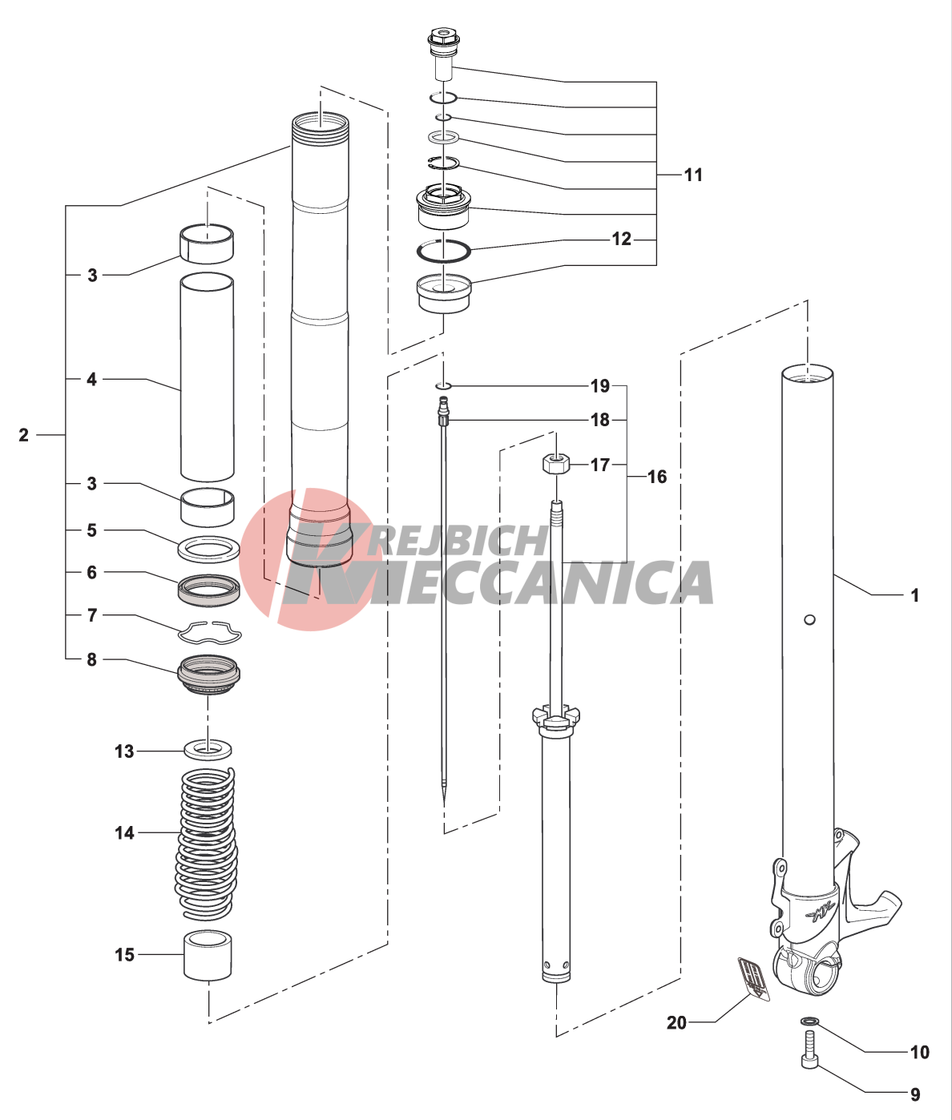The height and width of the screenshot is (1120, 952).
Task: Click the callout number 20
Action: (676, 1023)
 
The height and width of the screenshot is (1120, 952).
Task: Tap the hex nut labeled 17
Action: (555, 465)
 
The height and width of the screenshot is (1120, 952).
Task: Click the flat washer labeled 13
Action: (208, 751)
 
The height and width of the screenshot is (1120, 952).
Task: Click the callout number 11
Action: (693, 175)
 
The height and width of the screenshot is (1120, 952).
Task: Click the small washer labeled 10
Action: (810, 1021)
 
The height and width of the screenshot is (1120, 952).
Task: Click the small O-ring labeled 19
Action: (443, 386)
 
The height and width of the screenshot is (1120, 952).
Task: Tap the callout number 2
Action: (23, 434)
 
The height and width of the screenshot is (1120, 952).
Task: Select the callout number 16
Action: (656, 477)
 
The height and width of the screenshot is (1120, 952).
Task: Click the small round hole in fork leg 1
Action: (809, 619)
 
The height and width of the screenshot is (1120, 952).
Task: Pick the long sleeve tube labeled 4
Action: (207, 377)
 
